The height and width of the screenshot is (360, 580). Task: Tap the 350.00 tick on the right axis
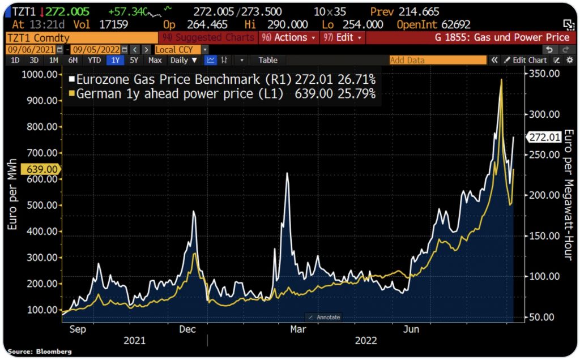coord(544,74)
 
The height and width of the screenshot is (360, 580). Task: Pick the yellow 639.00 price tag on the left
coord(39,169)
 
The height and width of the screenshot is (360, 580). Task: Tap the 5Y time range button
coord(134,60)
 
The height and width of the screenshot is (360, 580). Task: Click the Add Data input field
coord(437,60)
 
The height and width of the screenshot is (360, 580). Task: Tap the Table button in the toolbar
coord(268,60)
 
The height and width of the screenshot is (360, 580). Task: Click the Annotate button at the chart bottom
coord(324,317)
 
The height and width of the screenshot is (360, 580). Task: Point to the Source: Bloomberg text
coord(40,352)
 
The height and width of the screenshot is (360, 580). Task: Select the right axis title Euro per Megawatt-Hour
coord(569,195)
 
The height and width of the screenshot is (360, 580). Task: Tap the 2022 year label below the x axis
coord(365,341)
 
